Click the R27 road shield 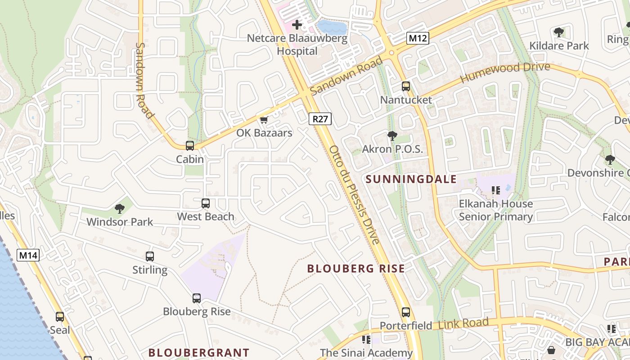[x=320, y=119]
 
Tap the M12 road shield [x=417, y=38]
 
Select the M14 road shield [x=28, y=256]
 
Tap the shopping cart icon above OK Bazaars [x=264, y=120]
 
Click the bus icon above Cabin [x=190, y=146]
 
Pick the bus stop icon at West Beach [x=206, y=203]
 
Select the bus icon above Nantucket [x=406, y=86]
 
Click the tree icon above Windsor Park [x=120, y=208]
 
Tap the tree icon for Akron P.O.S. [x=392, y=135]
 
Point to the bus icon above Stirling [x=150, y=256]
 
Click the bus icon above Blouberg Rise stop [x=197, y=298]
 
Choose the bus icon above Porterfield [x=406, y=312]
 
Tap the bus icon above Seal [x=60, y=317]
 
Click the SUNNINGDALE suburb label [x=411, y=179]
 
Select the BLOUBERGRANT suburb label [x=199, y=352]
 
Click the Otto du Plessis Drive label [x=355, y=194]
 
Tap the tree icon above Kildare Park [x=559, y=32]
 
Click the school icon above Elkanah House [x=496, y=190]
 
